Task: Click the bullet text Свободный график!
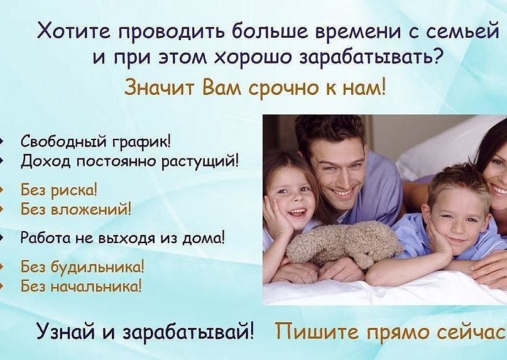(x=95, y=142)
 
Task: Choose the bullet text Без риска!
(x=59, y=190)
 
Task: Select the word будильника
(x=95, y=267)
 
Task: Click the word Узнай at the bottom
(x=67, y=332)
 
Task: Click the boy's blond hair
(x=459, y=185)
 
